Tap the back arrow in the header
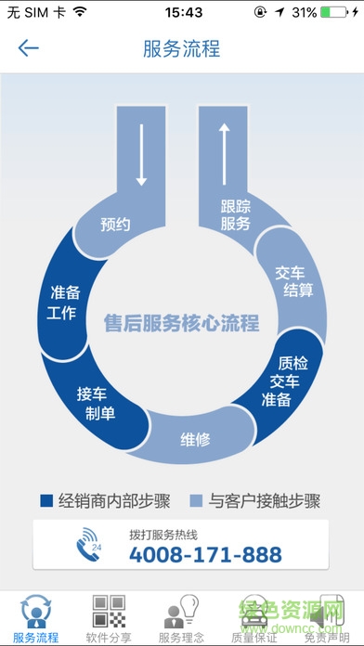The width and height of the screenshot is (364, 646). click(x=29, y=48)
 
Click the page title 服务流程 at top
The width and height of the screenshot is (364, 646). click(x=182, y=48)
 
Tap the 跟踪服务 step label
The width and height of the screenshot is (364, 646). click(x=236, y=215)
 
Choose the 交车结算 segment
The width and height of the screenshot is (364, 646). click(x=293, y=280)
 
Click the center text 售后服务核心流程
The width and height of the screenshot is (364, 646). click(x=181, y=323)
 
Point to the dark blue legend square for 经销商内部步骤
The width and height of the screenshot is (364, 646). click(x=46, y=501)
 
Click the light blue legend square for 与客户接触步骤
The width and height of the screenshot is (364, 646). click(x=195, y=501)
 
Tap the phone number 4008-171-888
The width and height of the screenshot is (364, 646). click(x=204, y=555)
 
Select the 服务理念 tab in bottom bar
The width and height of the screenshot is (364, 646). click(x=181, y=618)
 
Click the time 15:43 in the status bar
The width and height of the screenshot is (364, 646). click(x=182, y=13)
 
